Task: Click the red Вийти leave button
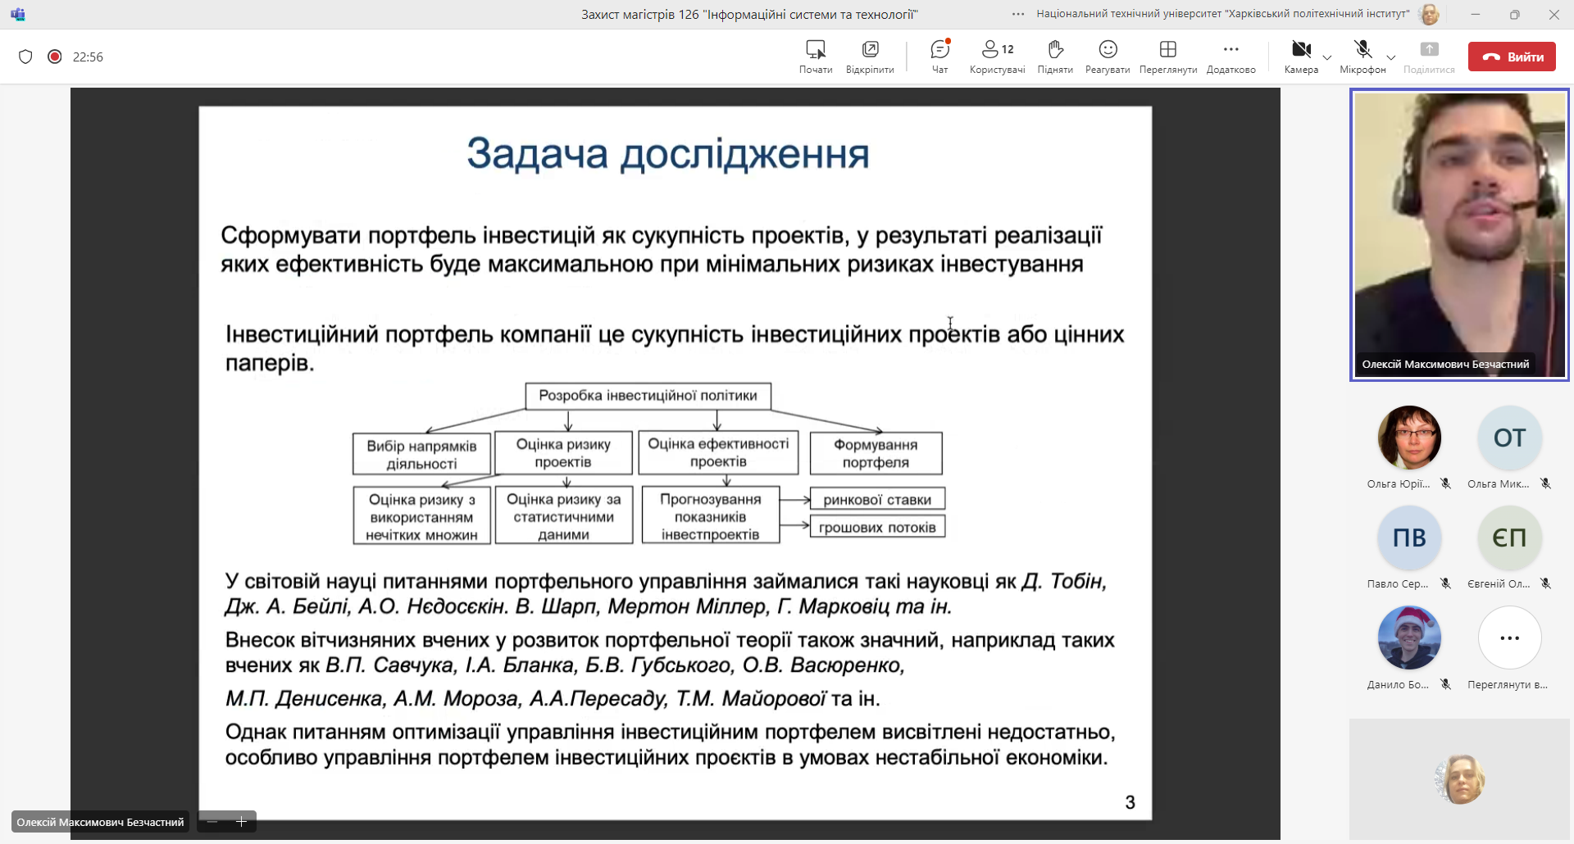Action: click(1511, 57)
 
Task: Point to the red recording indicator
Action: click(55, 57)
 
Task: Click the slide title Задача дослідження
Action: click(667, 154)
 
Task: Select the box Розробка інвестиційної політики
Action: click(648, 396)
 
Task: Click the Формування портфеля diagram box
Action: click(876, 453)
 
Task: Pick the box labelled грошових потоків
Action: click(877, 528)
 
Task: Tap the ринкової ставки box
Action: click(877, 500)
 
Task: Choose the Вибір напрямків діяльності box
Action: click(421, 454)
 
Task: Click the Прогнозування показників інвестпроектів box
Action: click(710, 516)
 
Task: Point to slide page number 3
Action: click(1130, 802)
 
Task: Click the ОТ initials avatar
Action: click(1509, 438)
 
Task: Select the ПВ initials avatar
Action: click(1409, 538)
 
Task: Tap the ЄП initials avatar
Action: click(1509, 538)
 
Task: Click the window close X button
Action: click(1554, 15)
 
